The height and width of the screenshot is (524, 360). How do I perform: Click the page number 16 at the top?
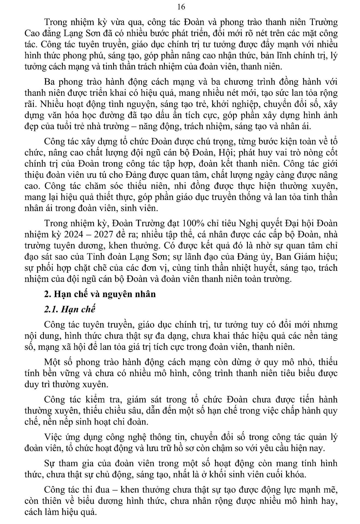pyautogui.click(x=181, y=7)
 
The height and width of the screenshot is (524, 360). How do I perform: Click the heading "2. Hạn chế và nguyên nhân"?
pyautogui.click(x=100, y=294)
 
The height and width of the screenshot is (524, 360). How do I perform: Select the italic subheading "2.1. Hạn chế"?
pyautogui.click(x=70, y=309)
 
